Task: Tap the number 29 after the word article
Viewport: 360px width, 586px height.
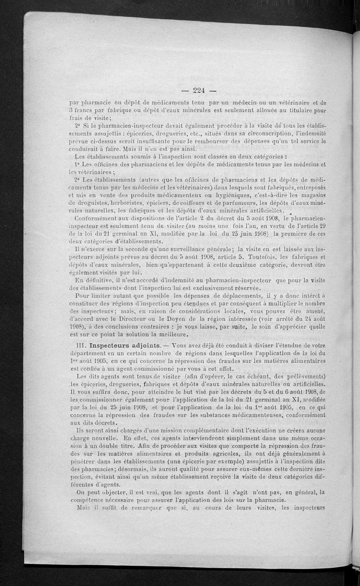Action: coord(321,226)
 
